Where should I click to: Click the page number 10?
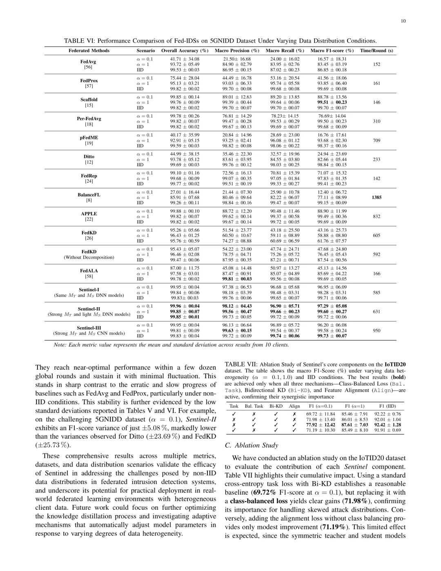[403, 21]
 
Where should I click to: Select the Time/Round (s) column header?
[376, 51]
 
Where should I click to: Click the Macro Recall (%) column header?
[285, 51]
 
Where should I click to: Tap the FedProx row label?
[89, 81]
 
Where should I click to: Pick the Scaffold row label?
[89, 100]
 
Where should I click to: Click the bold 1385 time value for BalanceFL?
[376, 197]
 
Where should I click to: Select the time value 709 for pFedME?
[376, 141]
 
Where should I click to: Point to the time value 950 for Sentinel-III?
[376, 330]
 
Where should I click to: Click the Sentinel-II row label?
[89, 309]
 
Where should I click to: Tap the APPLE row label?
[89, 214]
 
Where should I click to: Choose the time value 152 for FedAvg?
[376, 64]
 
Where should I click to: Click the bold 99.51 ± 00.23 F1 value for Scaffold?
[332, 103]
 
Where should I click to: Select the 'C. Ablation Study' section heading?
[251, 445]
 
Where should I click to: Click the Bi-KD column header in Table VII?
[276, 406]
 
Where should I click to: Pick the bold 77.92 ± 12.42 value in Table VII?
[321, 425]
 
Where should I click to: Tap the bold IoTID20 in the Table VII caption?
[395, 364]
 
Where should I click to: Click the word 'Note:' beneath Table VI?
[60, 345]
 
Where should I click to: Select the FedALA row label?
[89, 271]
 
